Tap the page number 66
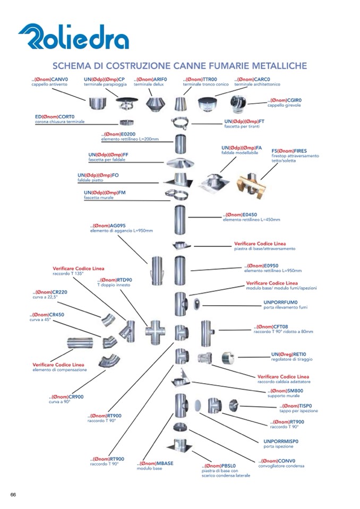pos(13,495)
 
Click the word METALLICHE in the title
pos(276,66)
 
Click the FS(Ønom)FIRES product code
pos(289,151)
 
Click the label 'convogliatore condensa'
pos(281,466)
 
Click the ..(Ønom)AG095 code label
pos(108,226)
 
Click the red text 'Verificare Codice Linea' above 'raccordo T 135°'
pos(78,269)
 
